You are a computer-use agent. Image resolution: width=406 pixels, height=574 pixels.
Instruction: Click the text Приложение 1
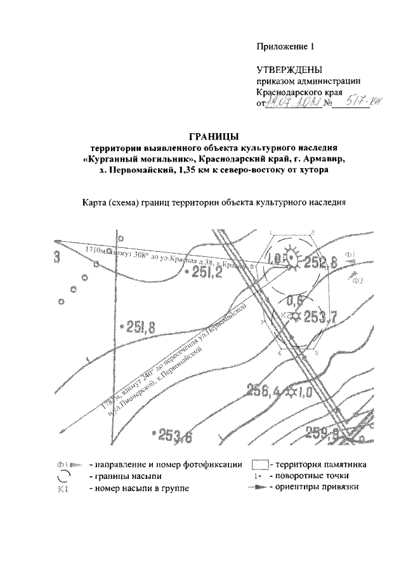285,46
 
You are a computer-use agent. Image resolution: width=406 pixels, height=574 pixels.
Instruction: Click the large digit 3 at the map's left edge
57,258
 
